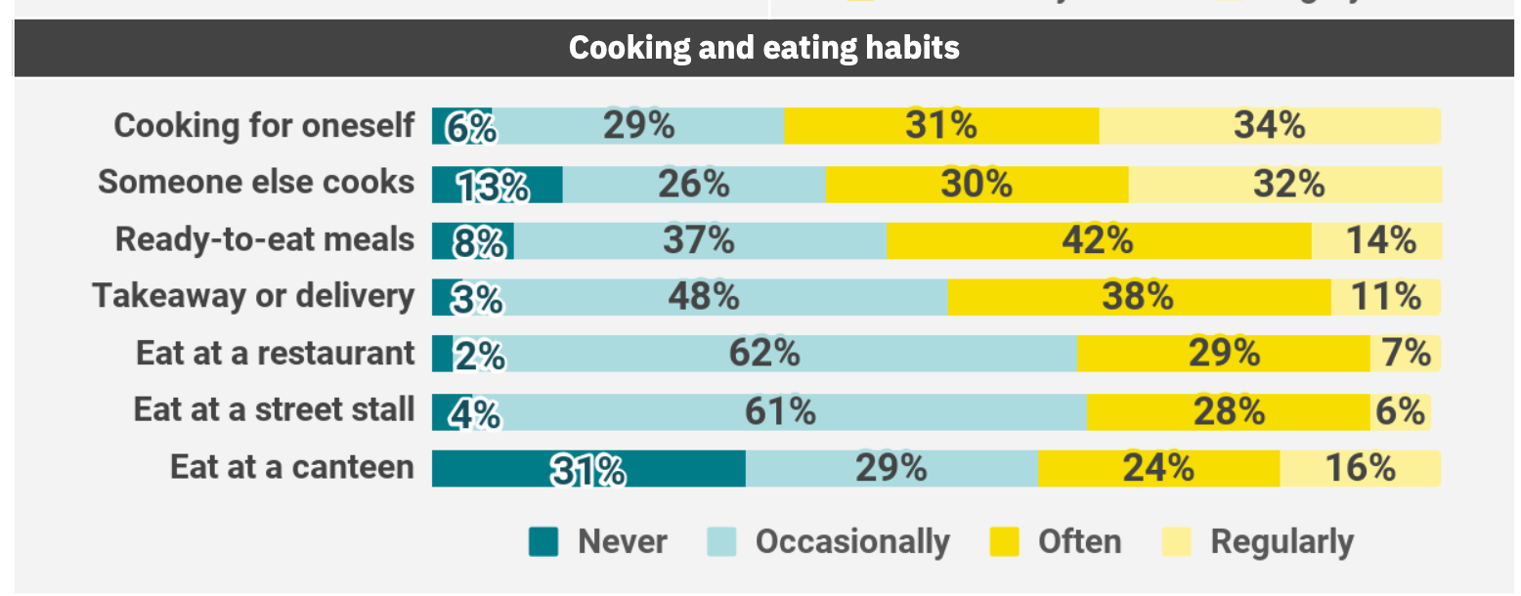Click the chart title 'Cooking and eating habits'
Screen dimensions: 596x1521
763,48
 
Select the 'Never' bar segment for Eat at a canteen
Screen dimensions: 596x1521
588,469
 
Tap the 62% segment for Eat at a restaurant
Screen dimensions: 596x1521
764,354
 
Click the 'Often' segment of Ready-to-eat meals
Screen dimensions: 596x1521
1098,240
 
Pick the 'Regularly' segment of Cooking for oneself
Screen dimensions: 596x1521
1269,126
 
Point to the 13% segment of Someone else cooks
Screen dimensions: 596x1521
497,185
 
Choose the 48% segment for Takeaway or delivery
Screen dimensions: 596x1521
703,297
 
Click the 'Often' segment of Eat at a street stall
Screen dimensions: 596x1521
1228,411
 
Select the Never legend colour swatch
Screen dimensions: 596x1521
543,541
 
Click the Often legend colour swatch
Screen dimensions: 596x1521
1005,541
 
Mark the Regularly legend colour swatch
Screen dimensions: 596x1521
1177,541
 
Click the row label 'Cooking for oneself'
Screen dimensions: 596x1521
264,126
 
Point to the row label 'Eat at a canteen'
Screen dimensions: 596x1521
291,468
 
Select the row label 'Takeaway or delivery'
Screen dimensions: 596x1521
253,297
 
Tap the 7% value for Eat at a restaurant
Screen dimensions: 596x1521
1406,354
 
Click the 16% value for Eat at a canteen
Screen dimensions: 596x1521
1360,469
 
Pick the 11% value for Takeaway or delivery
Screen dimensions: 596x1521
1385,297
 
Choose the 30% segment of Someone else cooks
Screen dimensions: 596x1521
977,185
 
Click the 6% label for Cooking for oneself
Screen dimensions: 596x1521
470,128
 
